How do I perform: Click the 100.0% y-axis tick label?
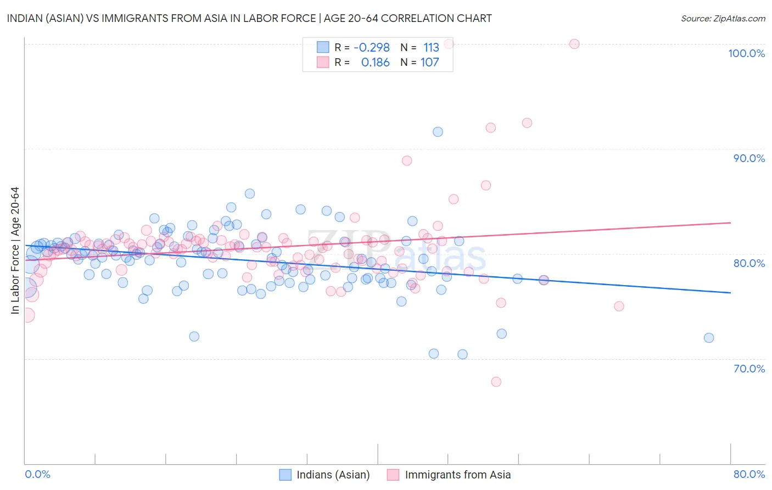pyautogui.click(x=746, y=53)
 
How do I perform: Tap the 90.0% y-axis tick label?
pyautogui.click(x=749, y=158)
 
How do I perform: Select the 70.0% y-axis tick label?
pyautogui.click(x=749, y=369)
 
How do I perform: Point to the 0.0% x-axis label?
pyautogui.click(x=38, y=474)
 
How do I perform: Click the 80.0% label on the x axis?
pyautogui.click(x=749, y=474)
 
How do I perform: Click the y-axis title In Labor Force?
pyautogui.click(x=15, y=250)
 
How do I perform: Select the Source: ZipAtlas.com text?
pyautogui.click(x=723, y=19)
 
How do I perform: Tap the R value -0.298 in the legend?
pyautogui.click(x=371, y=48)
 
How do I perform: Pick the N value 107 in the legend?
pyautogui.click(x=429, y=63)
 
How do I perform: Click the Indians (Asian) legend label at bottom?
pyautogui.click(x=333, y=475)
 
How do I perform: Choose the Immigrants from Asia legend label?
pyautogui.click(x=457, y=475)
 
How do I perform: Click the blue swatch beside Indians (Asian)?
pyautogui.click(x=285, y=475)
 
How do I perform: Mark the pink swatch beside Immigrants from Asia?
pyautogui.click(x=393, y=475)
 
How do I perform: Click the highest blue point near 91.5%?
pyautogui.click(x=438, y=132)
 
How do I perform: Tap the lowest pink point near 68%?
pyautogui.click(x=496, y=382)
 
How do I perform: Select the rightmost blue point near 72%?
pyautogui.click(x=709, y=338)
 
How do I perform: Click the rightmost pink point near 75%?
pyautogui.click(x=619, y=307)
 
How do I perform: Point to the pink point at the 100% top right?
pyautogui.click(x=574, y=44)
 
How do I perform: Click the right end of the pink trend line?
pyautogui.click(x=730, y=222)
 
